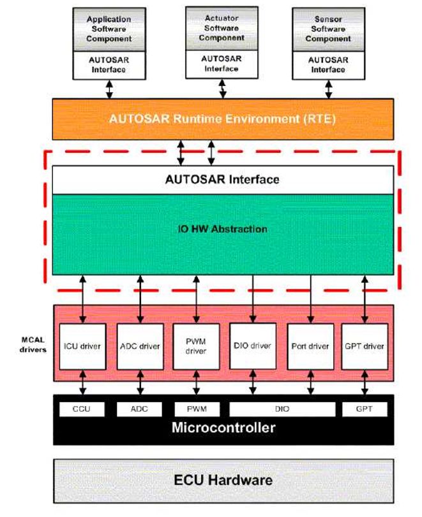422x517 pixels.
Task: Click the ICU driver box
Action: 82,346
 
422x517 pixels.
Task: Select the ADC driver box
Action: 139,346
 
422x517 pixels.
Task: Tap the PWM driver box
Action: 196,346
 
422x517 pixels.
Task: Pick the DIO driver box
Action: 253,346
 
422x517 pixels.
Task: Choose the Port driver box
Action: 310,346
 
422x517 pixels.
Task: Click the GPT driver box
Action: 365,346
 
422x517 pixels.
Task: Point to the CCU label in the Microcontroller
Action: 82,409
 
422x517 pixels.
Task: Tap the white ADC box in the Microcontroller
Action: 139,409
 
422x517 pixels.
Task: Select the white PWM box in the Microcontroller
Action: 196,409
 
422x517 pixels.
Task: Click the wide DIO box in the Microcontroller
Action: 282,409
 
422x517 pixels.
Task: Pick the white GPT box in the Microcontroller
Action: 365,409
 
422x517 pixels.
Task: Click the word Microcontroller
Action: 223,427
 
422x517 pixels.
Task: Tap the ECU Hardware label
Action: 223,479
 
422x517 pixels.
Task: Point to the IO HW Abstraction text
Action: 223,229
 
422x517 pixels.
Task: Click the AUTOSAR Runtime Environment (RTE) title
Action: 223,118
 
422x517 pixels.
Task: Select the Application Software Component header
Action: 109,29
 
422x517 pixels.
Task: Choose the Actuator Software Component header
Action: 222,29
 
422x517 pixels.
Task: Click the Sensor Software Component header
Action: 328,29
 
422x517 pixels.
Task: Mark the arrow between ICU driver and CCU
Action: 82,384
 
